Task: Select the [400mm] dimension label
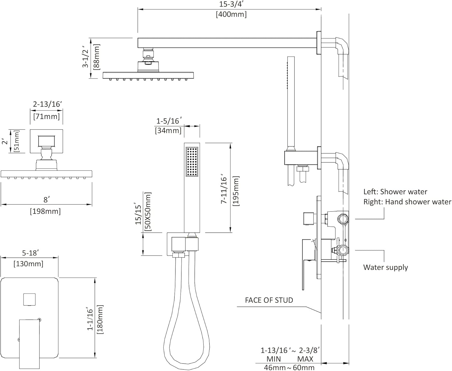coord(231,14)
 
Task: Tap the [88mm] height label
coord(97,57)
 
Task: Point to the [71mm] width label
coord(46,116)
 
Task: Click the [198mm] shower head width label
coord(45,211)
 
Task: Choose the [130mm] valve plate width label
coord(29,264)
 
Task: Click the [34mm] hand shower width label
coord(168,130)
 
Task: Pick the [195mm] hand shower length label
coord(236,191)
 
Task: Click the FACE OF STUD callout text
coord(269,300)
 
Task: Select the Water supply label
coord(385,267)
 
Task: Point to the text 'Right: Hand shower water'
coord(407,202)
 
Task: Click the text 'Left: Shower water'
coord(395,192)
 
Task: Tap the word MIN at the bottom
coord(274,359)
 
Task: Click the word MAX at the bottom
coord(305,359)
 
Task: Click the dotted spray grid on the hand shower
coord(192,162)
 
